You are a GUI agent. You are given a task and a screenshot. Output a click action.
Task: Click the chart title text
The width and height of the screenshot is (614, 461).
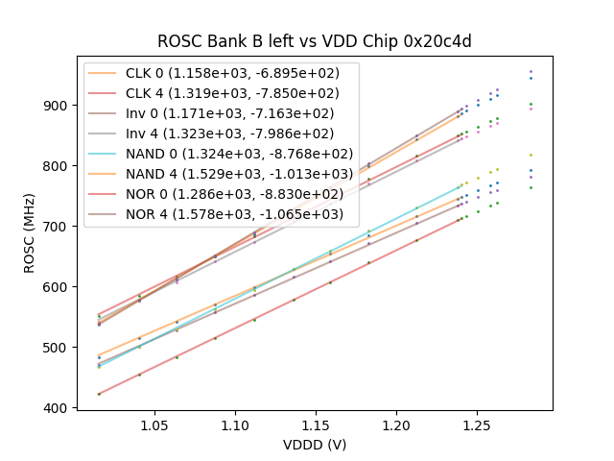click(315, 41)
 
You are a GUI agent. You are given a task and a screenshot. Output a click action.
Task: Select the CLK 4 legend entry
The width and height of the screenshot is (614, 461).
click(232, 93)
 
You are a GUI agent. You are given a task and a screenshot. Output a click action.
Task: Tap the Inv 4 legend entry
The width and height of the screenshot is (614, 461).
click(230, 133)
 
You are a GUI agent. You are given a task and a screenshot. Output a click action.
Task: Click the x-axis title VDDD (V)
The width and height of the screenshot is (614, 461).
click(315, 445)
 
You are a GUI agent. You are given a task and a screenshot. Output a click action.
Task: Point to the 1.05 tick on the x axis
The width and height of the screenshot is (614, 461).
click(155, 425)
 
